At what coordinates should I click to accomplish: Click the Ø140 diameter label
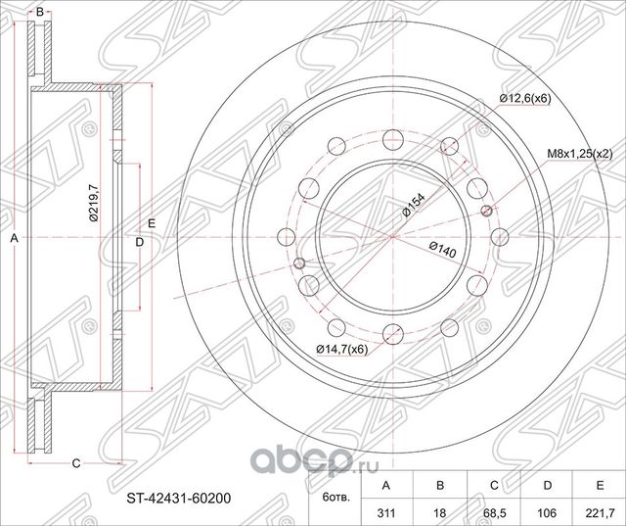pos(441,252)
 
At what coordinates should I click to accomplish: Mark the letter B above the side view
pos(39,11)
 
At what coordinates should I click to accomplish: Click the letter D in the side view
pos(139,241)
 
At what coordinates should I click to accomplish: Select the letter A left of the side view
pos(14,238)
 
